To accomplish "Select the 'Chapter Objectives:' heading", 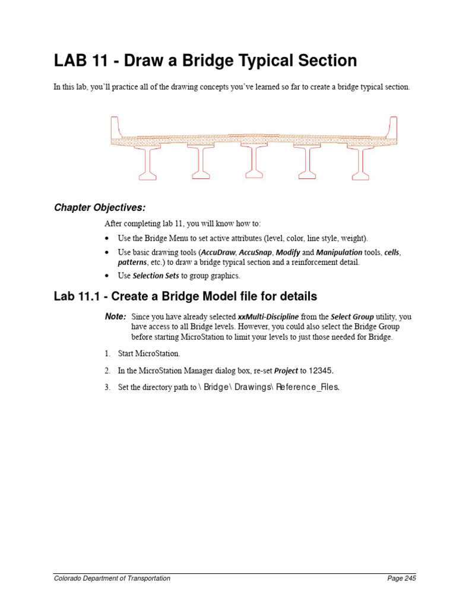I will point(100,207).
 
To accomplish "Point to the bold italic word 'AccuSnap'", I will point(255,253).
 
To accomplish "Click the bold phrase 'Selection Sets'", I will point(156,276).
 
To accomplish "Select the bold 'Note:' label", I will point(115,317).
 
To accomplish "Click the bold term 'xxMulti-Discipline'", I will point(268,317).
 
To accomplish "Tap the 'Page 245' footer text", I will point(401,579).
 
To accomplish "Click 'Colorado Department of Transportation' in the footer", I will point(112,579).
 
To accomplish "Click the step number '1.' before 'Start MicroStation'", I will point(107,354).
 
